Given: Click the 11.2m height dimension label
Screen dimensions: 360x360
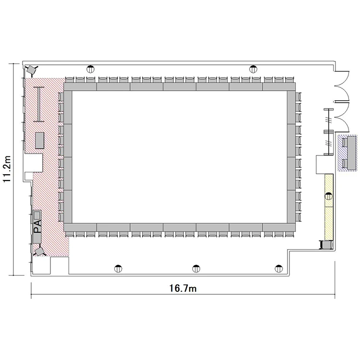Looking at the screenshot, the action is click(x=7, y=169).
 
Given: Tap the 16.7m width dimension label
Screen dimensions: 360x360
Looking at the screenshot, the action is click(x=183, y=288).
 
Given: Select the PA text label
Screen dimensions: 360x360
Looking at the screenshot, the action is click(x=37, y=226).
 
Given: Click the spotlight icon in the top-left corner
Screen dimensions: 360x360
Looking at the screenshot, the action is click(x=32, y=69).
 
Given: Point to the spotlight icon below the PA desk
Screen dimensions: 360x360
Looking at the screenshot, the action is click(x=39, y=251).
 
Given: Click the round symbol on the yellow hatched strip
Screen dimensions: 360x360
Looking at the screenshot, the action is click(x=329, y=196).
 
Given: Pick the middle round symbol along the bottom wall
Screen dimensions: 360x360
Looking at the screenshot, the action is click(x=196, y=268).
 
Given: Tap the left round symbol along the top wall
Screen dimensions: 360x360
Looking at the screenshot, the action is click(x=90, y=69).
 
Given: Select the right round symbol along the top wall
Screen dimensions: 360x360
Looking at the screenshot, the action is click(x=253, y=69).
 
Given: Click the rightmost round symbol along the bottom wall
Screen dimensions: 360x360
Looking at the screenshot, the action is click(x=279, y=268).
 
